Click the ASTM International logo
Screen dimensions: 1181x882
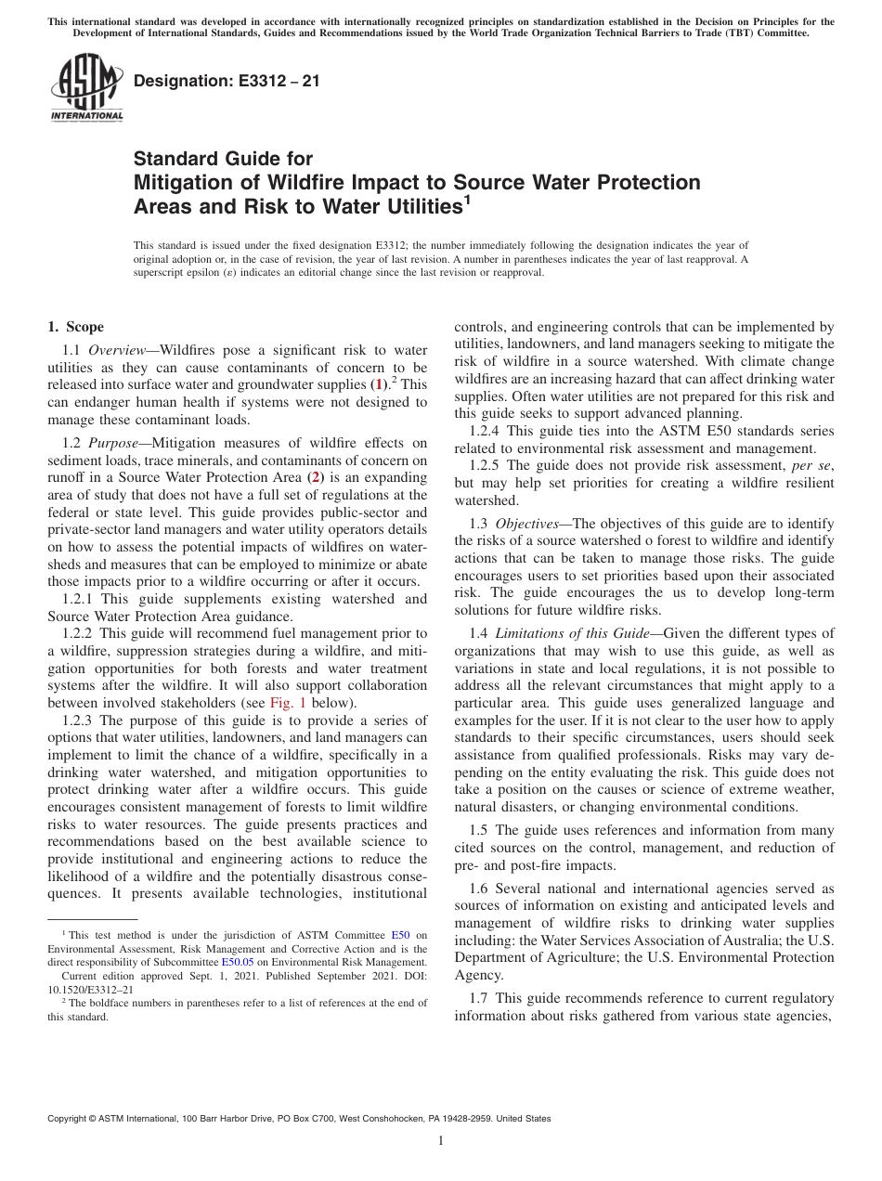click(85, 89)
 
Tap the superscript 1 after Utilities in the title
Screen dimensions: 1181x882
click(468, 200)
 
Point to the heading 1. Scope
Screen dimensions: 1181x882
click(76, 327)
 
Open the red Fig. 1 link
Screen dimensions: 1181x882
click(286, 702)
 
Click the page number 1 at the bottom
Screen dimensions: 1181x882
click(441, 1141)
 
